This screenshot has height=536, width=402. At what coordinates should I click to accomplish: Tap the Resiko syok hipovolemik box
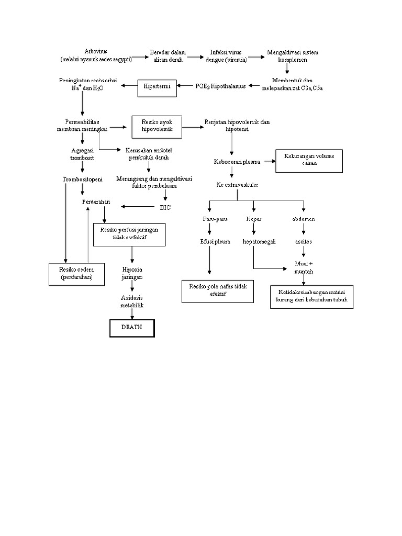pyautogui.click(x=157, y=127)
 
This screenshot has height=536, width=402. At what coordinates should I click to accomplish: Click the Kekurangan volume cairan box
pyautogui.click(x=309, y=160)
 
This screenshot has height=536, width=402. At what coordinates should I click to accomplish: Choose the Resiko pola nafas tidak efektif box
pyautogui.click(x=217, y=291)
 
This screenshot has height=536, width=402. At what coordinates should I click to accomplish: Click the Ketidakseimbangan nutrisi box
pyautogui.click(x=311, y=297)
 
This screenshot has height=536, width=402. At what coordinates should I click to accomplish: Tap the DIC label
pyautogui.click(x=165, y=207)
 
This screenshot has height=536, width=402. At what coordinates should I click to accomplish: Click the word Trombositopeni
pyautogui.click(x=82, y=179)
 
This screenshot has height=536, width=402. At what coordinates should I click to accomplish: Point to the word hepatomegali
pyautogui.click(x=259, y=241)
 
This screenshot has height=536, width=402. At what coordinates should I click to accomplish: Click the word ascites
pyautogui.click(x=304, y=241)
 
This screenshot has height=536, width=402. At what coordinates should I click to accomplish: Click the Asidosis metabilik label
pyautogui.click(x=132, y=301)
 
